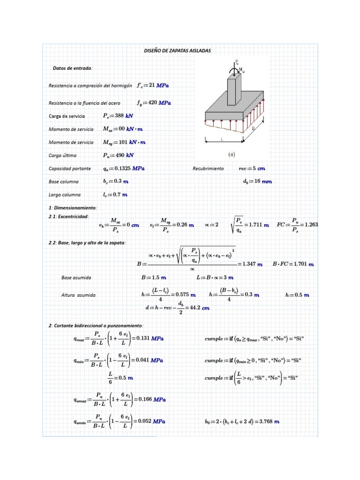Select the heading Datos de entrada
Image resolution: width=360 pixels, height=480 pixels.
73,68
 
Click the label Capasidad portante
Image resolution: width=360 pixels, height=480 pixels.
70,168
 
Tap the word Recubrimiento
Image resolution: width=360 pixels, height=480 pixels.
208,168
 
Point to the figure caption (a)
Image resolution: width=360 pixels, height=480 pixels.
231,153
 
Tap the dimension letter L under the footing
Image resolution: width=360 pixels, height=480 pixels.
222,139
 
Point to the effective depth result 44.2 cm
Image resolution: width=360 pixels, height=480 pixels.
198,307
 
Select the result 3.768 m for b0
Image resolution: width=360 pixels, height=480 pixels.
269,422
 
